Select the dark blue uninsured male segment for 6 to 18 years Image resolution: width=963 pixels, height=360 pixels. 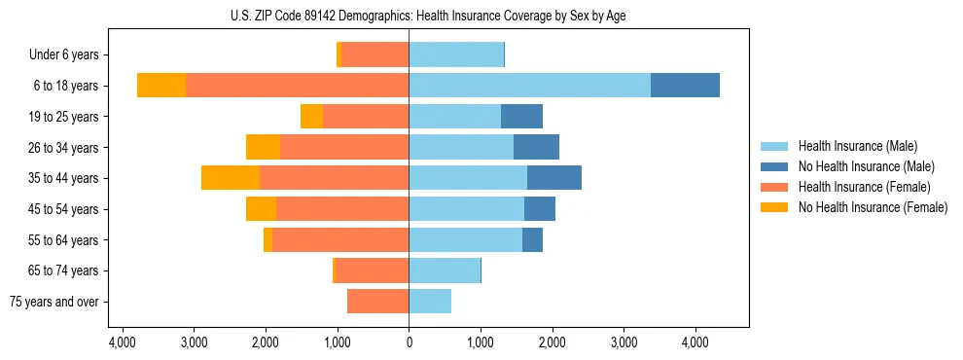coord(685,86)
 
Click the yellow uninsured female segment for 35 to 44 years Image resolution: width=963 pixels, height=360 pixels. coord(231,178)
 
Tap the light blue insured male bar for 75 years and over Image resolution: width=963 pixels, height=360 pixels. coord(430,302)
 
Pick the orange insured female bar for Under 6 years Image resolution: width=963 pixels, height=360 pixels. coord(374,54)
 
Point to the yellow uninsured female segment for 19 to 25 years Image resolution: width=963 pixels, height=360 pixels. coord(311,117)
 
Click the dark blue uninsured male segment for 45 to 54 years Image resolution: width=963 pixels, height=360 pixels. coord(540,209)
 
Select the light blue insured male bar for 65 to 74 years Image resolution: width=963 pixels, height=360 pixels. coord(445,270)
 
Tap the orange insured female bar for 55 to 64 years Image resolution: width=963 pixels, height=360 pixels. coord(340,240)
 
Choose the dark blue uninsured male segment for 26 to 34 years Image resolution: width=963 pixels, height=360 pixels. coord(536,147)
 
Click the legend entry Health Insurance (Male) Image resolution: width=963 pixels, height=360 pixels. coord(857,146)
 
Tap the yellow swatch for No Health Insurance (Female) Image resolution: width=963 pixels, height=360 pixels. coord(774,207)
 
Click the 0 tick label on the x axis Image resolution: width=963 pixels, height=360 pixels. coord(409,342)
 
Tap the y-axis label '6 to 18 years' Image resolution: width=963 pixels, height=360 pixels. coord(65,86)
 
